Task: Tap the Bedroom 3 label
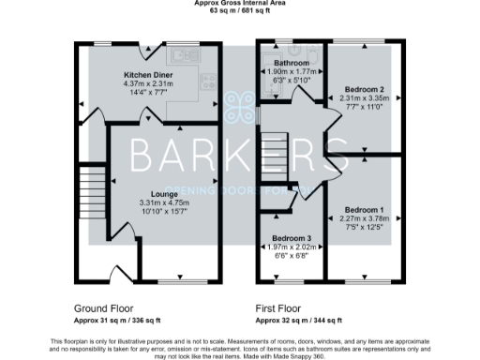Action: (291, 239)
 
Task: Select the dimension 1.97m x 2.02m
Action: (291, 247)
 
